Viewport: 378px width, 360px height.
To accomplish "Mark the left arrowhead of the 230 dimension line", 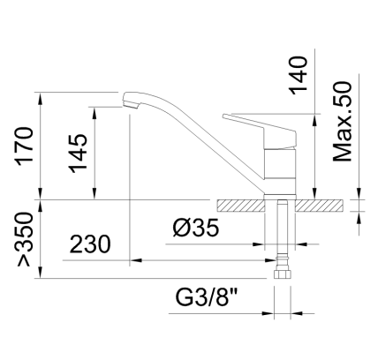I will (x=134, y=261).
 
